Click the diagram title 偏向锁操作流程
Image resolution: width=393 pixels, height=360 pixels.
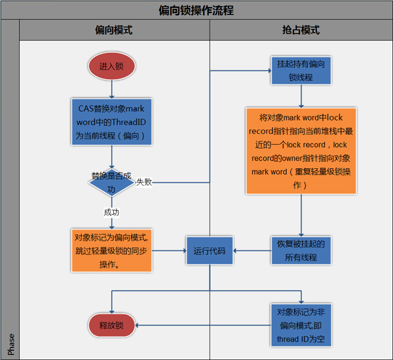tap(196, 10)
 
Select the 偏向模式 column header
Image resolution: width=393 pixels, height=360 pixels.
tap(114, 31)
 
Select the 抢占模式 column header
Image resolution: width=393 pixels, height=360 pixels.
tap(301, 31)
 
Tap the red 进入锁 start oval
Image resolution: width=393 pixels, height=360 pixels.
tap(111, 67)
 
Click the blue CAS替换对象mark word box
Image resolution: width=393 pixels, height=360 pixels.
tap(111, 122)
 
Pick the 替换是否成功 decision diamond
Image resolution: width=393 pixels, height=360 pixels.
tap(111, 183)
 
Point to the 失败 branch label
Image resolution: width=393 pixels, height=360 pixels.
tap(144, 182)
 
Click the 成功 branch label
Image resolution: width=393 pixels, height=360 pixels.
tap(111, 212)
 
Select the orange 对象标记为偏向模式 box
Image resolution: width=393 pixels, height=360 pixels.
tap(111, 250)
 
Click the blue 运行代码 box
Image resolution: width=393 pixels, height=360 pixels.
tap(210, 250)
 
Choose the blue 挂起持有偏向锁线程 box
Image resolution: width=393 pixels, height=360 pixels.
tap(301, 70)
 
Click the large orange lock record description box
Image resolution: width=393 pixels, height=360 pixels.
tap(301, 151)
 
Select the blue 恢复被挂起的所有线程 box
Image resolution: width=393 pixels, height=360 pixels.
tap(301, 250)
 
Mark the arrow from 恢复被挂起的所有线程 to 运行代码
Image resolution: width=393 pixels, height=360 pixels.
tap(252, 250)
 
